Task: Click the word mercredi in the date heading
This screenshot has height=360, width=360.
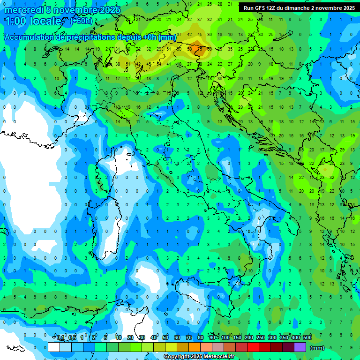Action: coord(21,10)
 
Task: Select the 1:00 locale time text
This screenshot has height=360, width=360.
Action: coord(33,22)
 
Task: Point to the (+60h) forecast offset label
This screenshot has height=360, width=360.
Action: coord(81,21)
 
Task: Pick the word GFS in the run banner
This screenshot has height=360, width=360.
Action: coord(261,8)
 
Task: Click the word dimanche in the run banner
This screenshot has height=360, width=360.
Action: coord(299,8)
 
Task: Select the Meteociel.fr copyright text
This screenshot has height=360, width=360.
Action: coord(199,357)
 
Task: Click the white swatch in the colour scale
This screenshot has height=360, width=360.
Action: coord(54,347)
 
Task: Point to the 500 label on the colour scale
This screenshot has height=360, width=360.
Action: coord(307,338)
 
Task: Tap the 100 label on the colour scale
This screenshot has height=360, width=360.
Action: coord(225,338)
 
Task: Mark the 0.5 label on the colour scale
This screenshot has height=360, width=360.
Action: coord(72,338)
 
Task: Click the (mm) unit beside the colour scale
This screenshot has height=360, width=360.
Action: coord(317,348)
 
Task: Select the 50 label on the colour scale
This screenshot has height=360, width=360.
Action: coord(165,338)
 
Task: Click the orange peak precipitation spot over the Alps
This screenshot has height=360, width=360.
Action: coord(195,47)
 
